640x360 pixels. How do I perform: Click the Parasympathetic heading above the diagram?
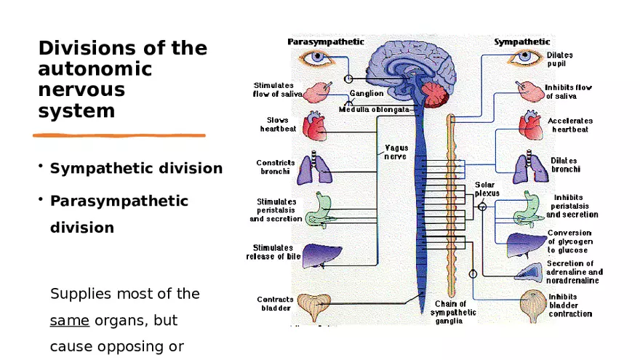pyautogui.click(x=326, y=41)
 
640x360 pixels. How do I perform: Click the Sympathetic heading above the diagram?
pyautogui.click(x=521, y=41)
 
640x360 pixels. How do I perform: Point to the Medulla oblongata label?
pyautogui.click(x=374, y=110)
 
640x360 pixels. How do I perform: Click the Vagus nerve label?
pyautogui.click(x=396, y=152)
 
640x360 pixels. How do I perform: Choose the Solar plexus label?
pyautogui.click(x=485, y=189)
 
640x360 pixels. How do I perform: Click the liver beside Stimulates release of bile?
pyautogui.click(x=317, y=254)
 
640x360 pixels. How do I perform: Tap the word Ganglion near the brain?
pyautogui.click(x=367, y=94)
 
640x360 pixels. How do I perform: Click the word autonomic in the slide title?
pyautogui.click(x=95, y=69)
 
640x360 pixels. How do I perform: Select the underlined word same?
pyautogui.click(x=70, y=320)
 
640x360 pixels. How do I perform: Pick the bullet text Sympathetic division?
pyautogui.click(x=136, y=169)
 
